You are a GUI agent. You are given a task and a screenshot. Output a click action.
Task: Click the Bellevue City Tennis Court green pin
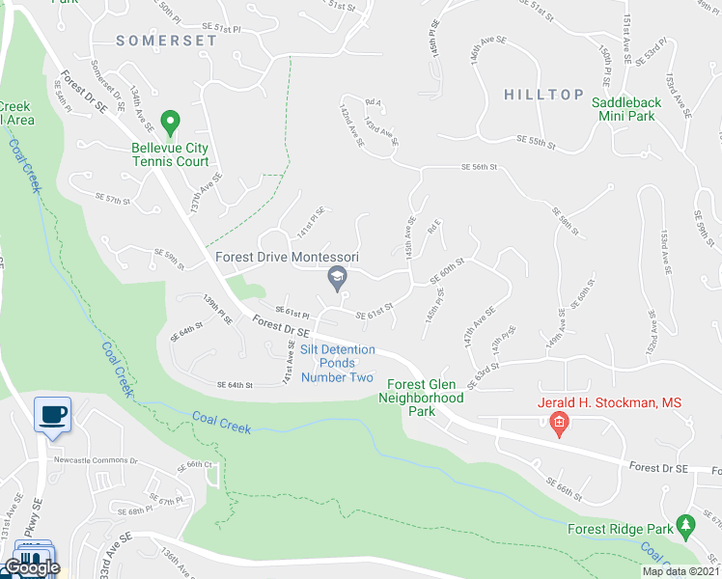coord(171,124)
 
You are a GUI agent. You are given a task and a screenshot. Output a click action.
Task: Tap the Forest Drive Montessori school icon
coord(337,280)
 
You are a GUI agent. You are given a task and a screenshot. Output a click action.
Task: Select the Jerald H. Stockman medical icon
coord(558,422)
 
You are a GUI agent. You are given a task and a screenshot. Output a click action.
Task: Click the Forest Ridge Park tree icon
coord(686,525)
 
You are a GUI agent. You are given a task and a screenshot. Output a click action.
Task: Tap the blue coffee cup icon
coord(52,415)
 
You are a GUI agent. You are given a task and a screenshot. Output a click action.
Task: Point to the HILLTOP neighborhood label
coord(543,94)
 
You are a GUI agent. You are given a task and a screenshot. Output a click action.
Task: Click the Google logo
coord(31,567)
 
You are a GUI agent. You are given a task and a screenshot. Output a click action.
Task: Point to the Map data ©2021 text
coord(680,571)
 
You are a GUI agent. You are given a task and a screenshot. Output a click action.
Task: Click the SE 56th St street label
coord(479,167)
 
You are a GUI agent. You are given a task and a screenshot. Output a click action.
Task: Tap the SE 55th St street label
coord(537,142)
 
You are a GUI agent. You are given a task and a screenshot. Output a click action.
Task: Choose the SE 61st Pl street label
coord(292,313)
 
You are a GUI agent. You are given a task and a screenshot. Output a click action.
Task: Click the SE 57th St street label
coord(112,198)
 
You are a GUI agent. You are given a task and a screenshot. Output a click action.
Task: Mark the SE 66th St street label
coord(565,489)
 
